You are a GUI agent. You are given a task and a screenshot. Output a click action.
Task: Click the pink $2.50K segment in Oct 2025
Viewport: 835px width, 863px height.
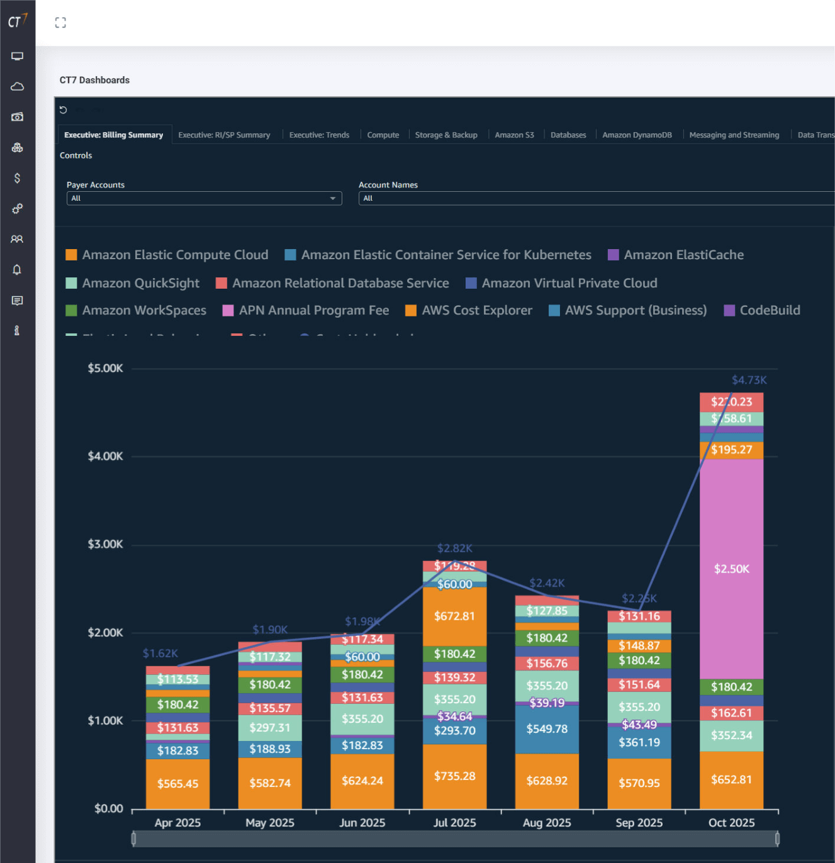pos(731,569)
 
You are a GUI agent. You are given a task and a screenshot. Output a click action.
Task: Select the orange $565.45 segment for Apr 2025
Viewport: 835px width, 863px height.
pos(177,783)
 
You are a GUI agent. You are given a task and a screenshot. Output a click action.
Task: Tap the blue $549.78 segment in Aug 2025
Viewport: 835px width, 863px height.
pos(547,729)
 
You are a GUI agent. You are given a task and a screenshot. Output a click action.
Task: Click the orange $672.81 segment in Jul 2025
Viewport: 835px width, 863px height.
pos(454,616)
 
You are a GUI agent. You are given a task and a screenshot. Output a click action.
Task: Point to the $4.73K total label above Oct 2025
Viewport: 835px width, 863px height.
pos(749,380)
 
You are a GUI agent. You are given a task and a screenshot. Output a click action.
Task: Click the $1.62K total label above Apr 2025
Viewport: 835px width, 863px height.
pos(160,654)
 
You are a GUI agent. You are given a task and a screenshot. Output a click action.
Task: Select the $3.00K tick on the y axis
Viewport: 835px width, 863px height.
pos(105,544)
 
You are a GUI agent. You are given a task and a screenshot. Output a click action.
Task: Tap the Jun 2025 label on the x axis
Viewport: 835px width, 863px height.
pos(362,823)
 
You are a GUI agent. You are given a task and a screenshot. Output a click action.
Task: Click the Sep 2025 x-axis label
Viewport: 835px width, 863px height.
pos(639,823)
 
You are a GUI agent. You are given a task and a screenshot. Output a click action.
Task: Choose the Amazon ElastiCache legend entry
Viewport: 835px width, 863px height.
pos(683,255)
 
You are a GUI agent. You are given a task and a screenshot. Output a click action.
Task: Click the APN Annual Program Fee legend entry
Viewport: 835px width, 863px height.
pos(313,310)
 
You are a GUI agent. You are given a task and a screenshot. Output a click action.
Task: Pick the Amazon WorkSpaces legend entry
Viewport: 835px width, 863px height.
pos(144,310)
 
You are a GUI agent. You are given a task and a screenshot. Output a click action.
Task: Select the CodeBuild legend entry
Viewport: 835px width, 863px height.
pos(770,310)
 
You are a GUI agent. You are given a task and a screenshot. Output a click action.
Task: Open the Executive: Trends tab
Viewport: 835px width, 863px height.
pos(319,135)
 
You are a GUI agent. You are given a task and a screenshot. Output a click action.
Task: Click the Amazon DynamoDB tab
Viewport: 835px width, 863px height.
pos(637,135)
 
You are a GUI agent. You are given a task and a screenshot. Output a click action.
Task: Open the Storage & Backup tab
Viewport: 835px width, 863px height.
pos(446,135)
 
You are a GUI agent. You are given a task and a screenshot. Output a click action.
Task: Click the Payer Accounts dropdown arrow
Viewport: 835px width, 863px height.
pos(333,198)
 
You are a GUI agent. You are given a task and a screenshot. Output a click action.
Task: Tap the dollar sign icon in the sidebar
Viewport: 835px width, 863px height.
pos(17,178)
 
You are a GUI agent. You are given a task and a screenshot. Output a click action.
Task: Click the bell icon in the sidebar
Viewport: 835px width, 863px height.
pos(17,270)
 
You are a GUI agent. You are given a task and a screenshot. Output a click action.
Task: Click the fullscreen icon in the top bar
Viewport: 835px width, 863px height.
pos(60,23)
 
